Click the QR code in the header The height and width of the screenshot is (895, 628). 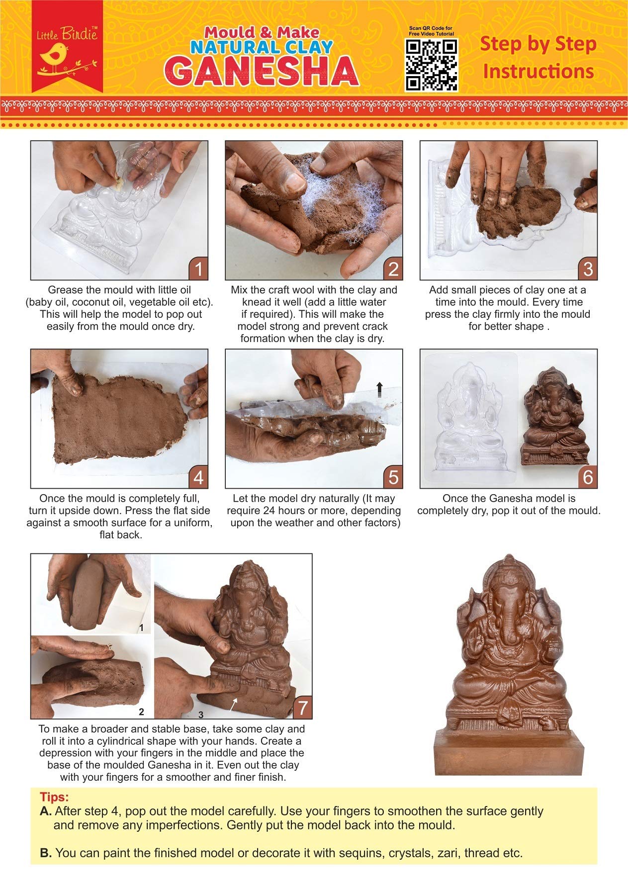pyautogui.click(x=432, y=65)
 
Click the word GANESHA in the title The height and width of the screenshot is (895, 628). pyautogui.click(x=262, y=71)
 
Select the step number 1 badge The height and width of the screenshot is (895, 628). pyautogui.click(x=198, y=269)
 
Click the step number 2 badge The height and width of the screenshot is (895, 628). pyautogui.click(x=393, y=269)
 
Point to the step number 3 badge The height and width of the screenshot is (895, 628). pyautogui.click(x=588, y=269)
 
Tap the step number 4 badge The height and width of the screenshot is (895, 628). pyautogui.click(x=198, y=477)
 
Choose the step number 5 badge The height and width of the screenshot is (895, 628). pyautogui.click(x=393, y=477)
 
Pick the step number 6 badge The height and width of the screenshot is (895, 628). pyautogui.click(x=588, y=477)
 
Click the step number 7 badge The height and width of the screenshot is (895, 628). pyautogui.click(x=303, y=708)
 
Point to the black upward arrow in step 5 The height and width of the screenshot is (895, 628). pyautogui.click(x=379, y=389)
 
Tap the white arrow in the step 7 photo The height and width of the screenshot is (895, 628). pyautogui.click(x=233, y=704)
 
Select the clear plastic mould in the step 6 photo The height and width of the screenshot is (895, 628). pyautogui.click(x=470, y=418)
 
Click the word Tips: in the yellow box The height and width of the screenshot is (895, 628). pyautogui.click(x=54, y=797)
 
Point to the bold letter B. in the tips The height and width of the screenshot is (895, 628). pyautogui.click(x=46, y=853)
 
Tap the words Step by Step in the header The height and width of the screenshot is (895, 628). pyautogui.click(x=538, y=44)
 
